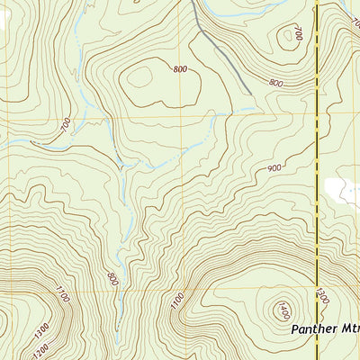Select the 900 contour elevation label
[x=274, y=168]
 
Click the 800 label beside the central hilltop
[x=181, y=69]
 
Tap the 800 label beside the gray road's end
[x=275, y=83]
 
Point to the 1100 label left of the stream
[x=61, y=292]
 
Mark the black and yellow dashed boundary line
[x=318, y=135]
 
